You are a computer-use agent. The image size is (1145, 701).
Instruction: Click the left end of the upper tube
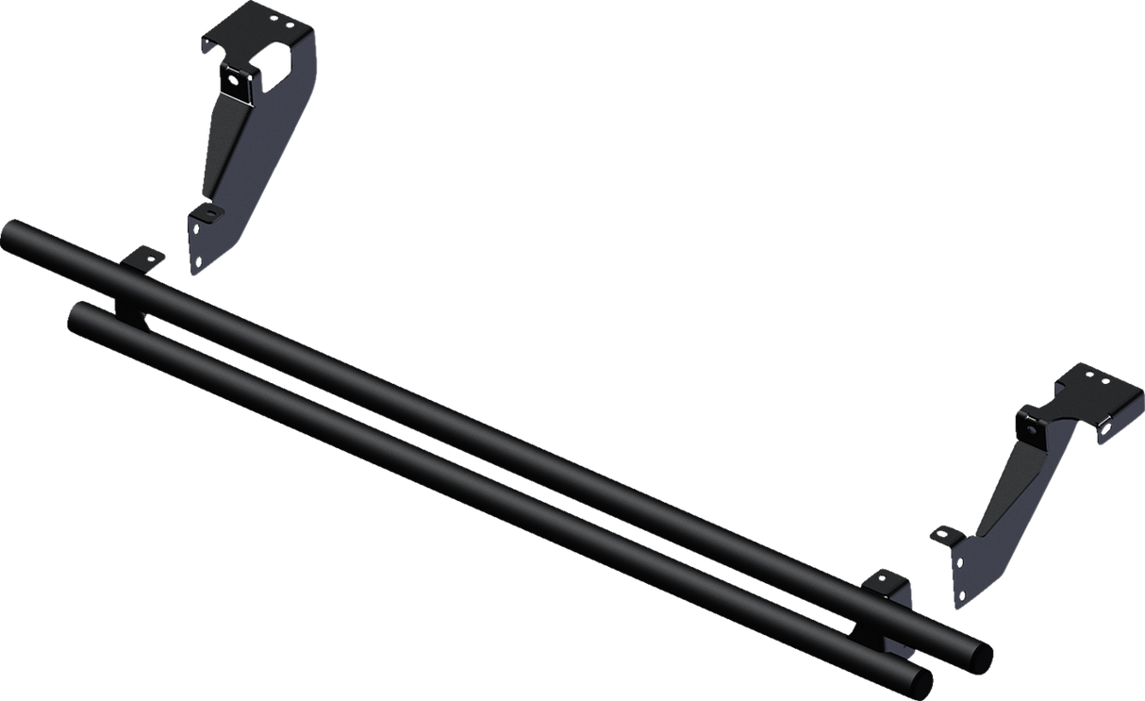(x=13, y=232)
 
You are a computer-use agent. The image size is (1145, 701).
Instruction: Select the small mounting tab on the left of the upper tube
(x=143, y=257)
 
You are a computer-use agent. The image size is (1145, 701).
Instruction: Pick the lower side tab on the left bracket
(x=201, y=214)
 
